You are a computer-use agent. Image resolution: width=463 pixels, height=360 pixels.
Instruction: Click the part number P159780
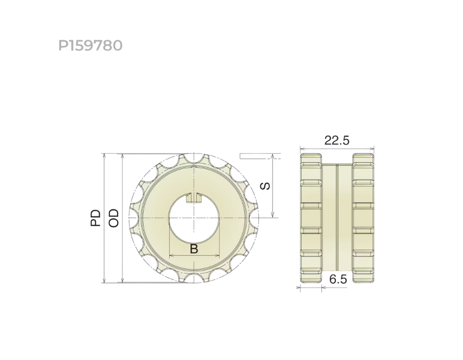[x=91, y=45]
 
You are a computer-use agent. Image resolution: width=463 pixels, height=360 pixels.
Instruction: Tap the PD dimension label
[x=95, y=218]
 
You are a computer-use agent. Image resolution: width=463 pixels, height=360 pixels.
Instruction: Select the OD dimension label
[x=113, y=218]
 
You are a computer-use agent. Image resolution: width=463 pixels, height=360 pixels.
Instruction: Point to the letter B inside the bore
[x=194, y=249]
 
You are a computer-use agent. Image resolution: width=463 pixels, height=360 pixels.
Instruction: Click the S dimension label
[x=265, y=186]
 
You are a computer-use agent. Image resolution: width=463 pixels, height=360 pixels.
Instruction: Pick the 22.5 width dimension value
[x=336, y=140]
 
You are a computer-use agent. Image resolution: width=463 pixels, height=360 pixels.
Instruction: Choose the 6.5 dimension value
[x=338, y=279]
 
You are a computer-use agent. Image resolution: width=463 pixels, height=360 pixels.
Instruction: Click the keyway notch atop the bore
[x=194, y=197]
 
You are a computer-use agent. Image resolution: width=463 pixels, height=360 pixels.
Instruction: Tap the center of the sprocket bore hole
[x=194, y=218]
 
